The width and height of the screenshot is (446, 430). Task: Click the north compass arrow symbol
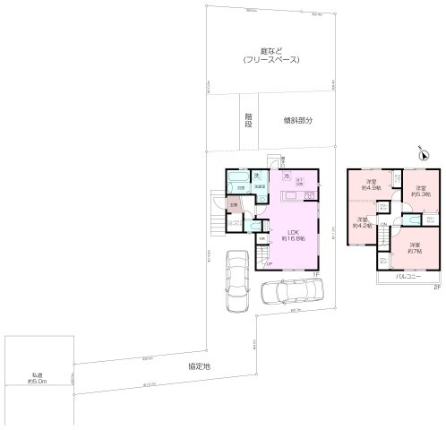[x=424, y=155]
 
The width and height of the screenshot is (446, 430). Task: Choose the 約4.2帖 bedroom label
[x=363, y=223]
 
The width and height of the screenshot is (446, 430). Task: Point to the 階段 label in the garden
[x=248, y=119]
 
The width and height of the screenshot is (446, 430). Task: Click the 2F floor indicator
[x=436, y=286]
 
